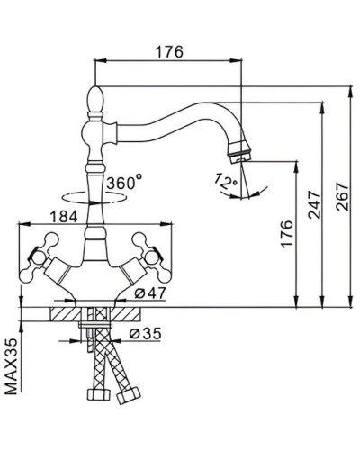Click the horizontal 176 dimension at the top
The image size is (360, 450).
click(x=169, y=51)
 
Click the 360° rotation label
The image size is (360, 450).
click(x=123, y=183)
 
